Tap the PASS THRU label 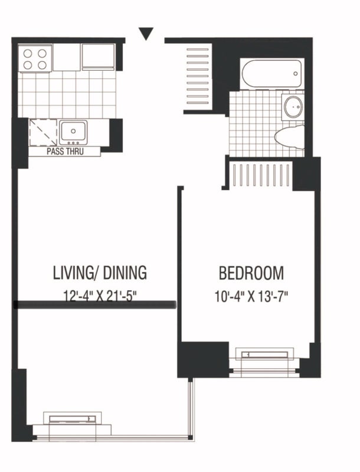click(65, 152)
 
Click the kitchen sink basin click(73, 131)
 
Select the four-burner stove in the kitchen click(35, 58)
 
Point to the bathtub click(271, 74)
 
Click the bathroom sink click(293, 107)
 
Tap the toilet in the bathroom click(290, 137)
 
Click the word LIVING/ click(76, 273)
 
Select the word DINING click(125, 273)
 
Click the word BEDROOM click(251, 273)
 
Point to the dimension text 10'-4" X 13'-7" click(251, 296)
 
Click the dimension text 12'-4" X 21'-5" click(100, 296)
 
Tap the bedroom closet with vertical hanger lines click(260, 176)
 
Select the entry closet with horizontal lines click(198, 76)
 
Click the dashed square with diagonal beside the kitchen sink click(44, 132)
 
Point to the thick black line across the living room click(95, 305)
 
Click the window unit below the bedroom click(264, 362)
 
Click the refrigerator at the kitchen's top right click(98, 57)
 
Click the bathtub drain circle click(296, 74)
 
